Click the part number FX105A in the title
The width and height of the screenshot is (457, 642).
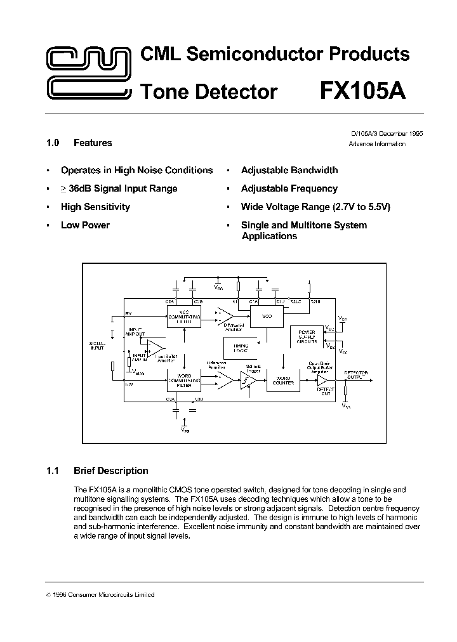[x=362, y=91]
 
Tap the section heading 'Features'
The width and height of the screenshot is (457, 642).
[x=93, y=143]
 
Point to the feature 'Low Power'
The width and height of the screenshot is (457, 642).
[x=85, y=225]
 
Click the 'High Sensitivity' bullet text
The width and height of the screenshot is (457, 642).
[x=95, y=207]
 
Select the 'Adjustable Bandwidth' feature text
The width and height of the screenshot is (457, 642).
[x=289, y=170]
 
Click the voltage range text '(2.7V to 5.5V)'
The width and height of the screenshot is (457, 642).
[x=361, y=207]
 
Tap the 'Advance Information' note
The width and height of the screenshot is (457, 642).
[x=377, y=144]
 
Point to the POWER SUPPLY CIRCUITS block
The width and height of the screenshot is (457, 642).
[x=306, y=336]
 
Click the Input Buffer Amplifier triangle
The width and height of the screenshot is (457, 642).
[x=155, y=348]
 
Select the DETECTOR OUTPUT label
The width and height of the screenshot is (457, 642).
[x=355, y=374]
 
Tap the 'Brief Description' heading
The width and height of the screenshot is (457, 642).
[x=110, y=471]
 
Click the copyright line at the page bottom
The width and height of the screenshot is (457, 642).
[x=101, y=595]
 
